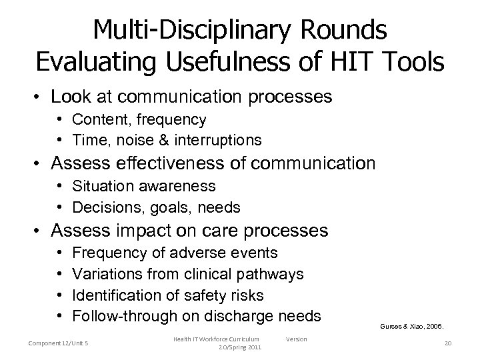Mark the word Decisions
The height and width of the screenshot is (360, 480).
click(x=104, y=207)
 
